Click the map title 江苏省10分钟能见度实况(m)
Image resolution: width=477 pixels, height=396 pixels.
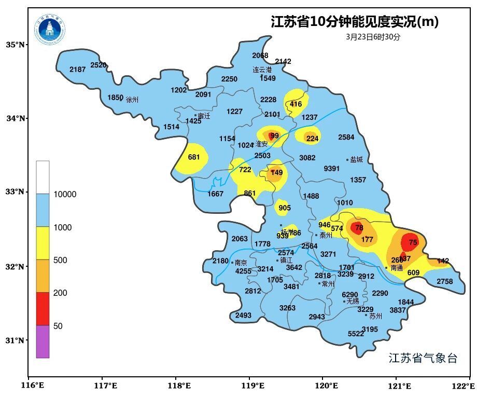coord(355,22)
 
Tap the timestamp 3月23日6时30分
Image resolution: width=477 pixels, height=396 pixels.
coord(373,37)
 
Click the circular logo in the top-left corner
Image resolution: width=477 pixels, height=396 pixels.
coord(50,29)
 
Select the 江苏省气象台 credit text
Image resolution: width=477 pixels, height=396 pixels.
coord(423,358)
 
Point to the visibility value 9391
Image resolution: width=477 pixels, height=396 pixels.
coord(332,169)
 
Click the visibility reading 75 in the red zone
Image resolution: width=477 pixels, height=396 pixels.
coord(413,242)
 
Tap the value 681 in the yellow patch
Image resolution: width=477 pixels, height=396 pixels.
coord(194,157)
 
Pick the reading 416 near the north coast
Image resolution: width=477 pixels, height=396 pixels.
coord(296,104)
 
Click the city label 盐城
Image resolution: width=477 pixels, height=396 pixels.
coord(356,160)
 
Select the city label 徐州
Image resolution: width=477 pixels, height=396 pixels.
coord(132,100)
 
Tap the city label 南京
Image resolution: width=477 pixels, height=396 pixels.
coord(241,263)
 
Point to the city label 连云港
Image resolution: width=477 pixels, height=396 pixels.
coord(262,70)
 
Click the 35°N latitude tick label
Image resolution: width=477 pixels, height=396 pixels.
coord(16,45)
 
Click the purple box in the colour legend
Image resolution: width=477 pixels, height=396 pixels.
coord(43,342)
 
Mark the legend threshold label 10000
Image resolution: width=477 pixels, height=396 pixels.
coord(65,195)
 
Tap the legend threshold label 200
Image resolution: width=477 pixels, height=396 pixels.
coord(60,293)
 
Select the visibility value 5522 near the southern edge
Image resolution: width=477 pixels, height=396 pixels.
coord(356,334)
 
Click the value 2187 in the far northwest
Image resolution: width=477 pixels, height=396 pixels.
coord(77,70)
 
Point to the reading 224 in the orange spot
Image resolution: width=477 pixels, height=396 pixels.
coord(312,139)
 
